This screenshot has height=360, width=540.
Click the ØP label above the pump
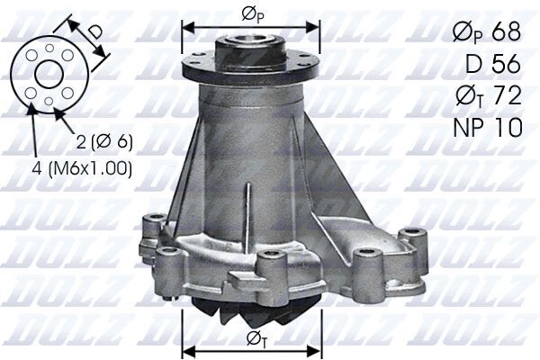click(x=251, y=14)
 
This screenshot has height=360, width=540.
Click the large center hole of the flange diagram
click(x=49, y=74)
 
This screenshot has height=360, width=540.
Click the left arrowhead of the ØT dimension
click(x=187, y=350)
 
